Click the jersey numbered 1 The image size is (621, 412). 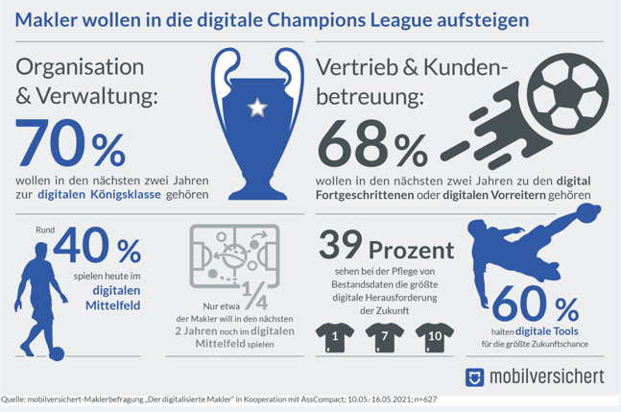tap(335, 336)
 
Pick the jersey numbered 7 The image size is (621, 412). tap(384, 336)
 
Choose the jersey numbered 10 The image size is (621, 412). tap(434, 336)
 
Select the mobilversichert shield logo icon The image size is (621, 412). tap(474, 376)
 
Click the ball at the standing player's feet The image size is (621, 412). tap(57, 353)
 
